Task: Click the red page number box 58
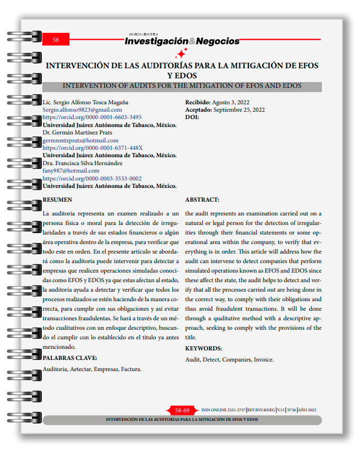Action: tap(56, 40)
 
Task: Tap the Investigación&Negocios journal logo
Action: tap(182, 41)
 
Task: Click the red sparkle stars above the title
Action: tap(181, 53)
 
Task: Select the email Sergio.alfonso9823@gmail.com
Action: tap(82, 110)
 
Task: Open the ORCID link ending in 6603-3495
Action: tap(92, 117)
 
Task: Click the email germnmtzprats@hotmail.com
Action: tap(81, 140)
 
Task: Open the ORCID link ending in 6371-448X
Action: tap(92, 148)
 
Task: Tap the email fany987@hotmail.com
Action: tap(71, 171)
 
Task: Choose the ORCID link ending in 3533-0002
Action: tap(92, 178)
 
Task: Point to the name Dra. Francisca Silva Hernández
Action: tap(82, 163)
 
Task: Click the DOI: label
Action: tap(192, 117)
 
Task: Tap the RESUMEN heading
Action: tap(57, 200)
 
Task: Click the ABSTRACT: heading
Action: tap(202, 200)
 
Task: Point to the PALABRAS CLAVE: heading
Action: tap(69, 358)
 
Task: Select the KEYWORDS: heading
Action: tap(203, 348)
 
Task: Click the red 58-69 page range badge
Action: tap(182, 410)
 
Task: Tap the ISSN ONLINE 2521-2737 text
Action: tap(223, 410)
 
